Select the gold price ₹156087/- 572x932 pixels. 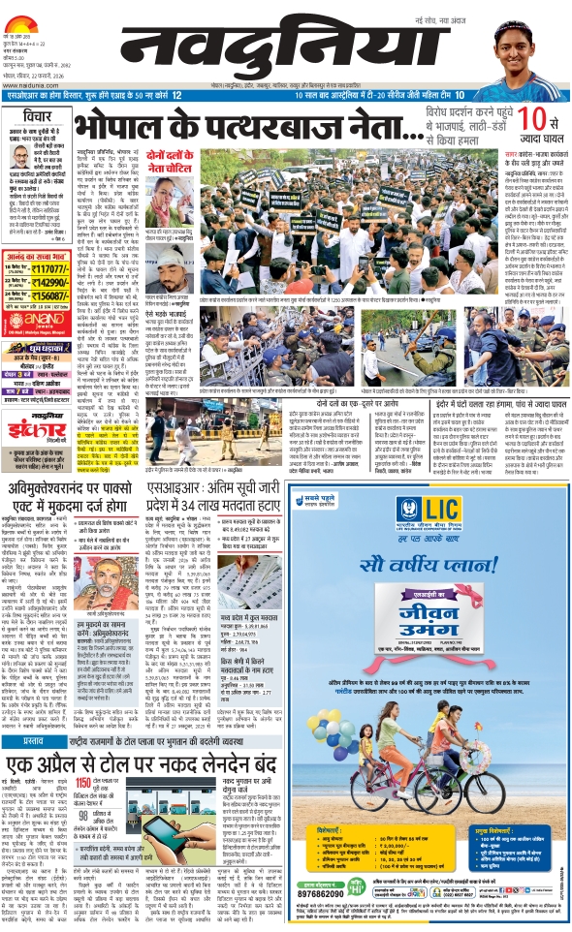coord(50,268)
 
